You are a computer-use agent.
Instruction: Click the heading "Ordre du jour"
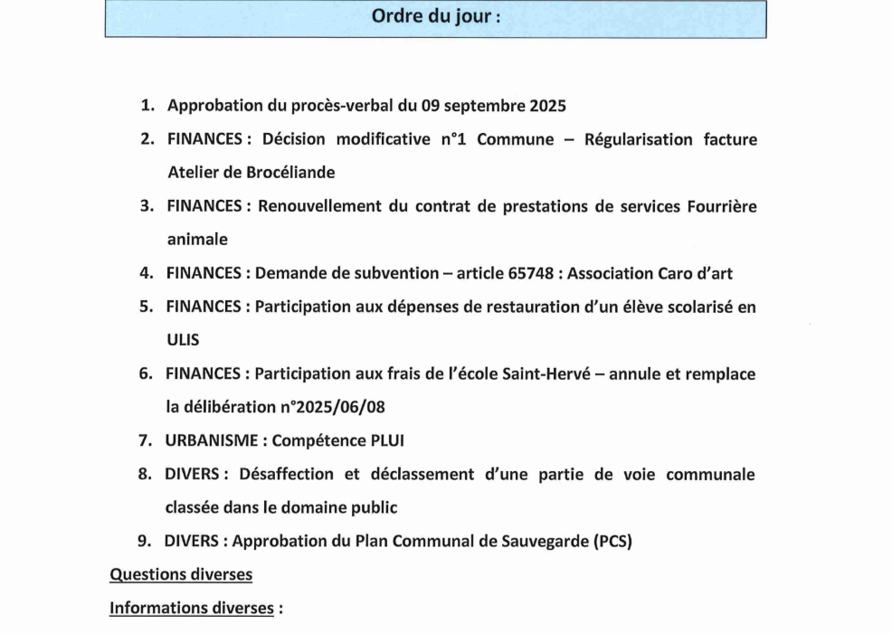pyautogui.click(x=435, y=18)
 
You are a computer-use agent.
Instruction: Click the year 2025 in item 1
pyautogui.click(x=543, y=106)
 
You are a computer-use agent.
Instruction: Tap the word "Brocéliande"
pyautogui.click(x=289, y=172)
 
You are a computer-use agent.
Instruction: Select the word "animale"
pyautogui.click(x=197, y=240)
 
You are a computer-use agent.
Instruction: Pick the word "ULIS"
pyautogui.click(x=183, y=340)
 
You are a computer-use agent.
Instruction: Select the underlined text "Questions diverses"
pyautogui.click(x=181, y=574)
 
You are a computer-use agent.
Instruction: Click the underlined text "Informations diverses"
pyautogui.click(x=191, y=608)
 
